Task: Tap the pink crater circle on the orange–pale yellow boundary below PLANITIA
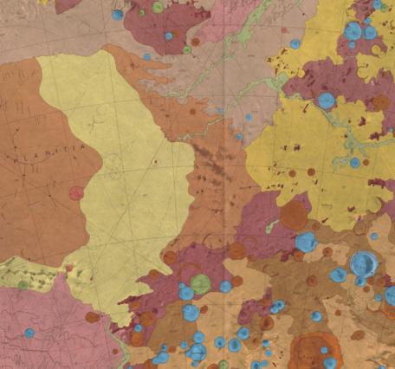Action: click(77, 192)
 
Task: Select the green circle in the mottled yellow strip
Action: click(23, 284)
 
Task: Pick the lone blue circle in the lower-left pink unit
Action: click(29, 333)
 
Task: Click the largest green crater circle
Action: click(201, 283)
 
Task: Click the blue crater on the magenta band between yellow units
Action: click(326, 100)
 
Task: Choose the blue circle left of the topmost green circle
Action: click(117, 15)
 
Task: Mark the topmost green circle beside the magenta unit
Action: click(159, 8)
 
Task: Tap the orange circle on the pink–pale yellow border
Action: click(93, 317)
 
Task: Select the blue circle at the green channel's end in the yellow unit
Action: click(354, 163)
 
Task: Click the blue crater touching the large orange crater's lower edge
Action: click(306, 242)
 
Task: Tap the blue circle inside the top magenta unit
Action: click(169, 36)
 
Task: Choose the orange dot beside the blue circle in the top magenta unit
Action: click(195, 41)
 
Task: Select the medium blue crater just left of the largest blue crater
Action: click(338, 275)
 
